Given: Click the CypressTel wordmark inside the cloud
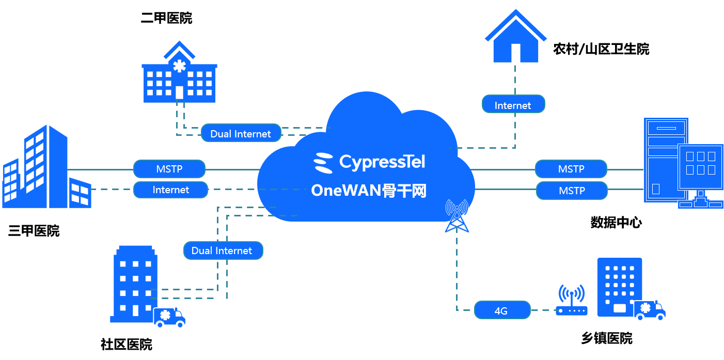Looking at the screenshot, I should [x=382, y=162].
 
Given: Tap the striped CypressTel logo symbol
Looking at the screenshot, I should [x=324, y=162].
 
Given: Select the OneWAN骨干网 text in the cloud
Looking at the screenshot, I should [x=369, y=191].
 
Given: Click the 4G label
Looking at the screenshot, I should [x=501, y=310].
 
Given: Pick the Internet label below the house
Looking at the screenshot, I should [x=513, y=105].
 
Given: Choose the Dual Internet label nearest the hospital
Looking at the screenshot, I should [x=241, y=133].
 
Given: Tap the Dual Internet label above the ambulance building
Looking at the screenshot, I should [x=223, y=251].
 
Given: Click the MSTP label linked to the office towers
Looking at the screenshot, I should [x=169, y=169].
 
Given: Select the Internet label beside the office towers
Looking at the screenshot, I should [x=171, y=190].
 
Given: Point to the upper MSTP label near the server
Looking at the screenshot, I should [x=571, y=169].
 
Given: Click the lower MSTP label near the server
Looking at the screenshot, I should [x=572, y=191].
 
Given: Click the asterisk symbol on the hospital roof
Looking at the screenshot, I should [x=179, y=66].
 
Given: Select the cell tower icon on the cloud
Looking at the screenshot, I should [x=457, y=216].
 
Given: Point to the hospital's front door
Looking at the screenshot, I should [x=179, y=92].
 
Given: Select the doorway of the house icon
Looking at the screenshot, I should [x=515, y=53].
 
